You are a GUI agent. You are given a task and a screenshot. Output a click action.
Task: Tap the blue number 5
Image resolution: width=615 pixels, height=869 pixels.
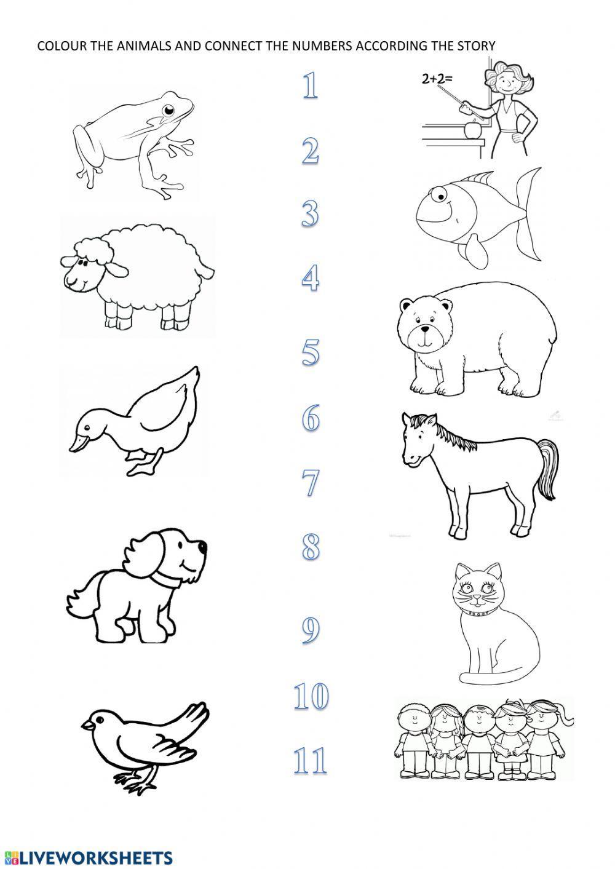pyautogui.click(x=311, y=352)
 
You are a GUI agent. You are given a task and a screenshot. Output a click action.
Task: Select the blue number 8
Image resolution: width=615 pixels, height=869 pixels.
pyautogui.click(x=311, y=547)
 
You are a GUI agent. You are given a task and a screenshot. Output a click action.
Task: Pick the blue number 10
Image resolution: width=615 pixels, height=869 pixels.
pyautogui.click(x=311, y=696)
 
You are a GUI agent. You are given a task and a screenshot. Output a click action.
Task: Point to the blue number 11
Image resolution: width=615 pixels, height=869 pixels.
pyautogui.click(x=310, y=761)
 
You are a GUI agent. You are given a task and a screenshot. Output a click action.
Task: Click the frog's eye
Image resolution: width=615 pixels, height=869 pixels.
pyautogui.click(x=169, y=110)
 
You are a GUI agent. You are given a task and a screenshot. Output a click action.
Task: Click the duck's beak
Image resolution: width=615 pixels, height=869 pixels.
pyautogui.click(x=77, y=443)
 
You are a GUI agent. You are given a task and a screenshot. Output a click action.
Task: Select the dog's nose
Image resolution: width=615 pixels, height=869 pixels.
pyautogui.click(x=202, y=546)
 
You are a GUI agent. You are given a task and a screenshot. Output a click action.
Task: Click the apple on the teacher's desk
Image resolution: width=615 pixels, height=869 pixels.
pyautogui.click(x=472, y=129)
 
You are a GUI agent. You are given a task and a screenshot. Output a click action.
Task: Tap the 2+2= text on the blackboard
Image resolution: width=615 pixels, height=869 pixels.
pyautogui.click(x=437, y=79)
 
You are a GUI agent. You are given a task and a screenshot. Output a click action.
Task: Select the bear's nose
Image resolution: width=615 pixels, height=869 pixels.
pyautogui.click(x=425, y=329)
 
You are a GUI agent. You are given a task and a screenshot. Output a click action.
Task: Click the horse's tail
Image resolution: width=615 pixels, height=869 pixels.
pyautogui.click(x=548, y=469)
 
